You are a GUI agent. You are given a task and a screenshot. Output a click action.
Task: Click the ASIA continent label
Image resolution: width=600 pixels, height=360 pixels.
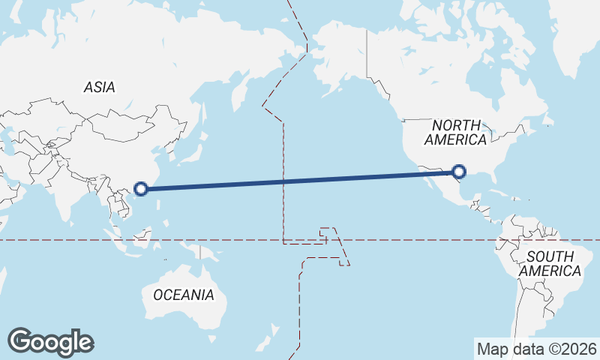click(100, 87)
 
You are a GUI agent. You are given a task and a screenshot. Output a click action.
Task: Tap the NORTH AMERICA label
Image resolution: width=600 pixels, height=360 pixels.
click(455, 132)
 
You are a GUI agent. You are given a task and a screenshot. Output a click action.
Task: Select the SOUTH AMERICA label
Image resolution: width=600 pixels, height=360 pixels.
click(551, 263)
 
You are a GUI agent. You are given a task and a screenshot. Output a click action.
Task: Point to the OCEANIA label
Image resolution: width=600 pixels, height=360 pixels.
click(184, 295)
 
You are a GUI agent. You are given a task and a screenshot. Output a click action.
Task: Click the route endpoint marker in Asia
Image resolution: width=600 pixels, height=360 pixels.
click(140, 187)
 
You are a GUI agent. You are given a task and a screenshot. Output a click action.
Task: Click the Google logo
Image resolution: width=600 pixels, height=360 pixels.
click(51, 342)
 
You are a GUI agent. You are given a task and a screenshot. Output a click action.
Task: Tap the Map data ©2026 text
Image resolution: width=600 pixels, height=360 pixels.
click(537, 349)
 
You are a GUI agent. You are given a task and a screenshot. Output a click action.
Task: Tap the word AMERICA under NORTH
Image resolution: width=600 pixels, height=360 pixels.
click(455, 139)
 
